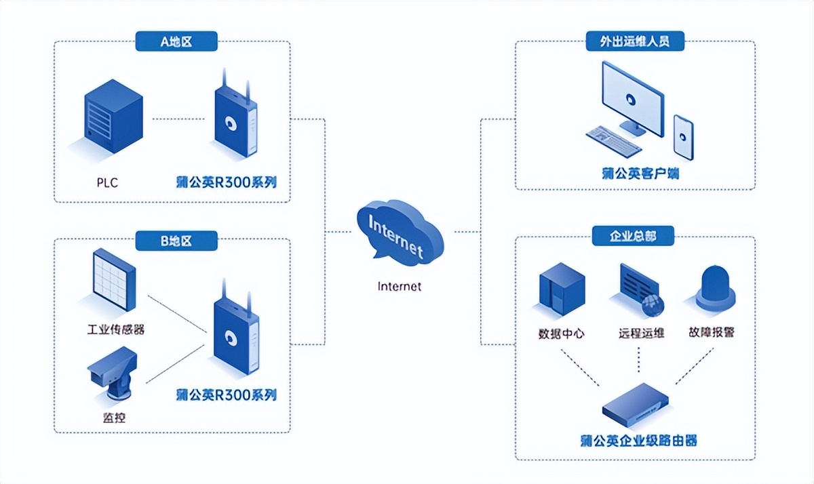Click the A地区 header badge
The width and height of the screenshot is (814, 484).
point(176,41)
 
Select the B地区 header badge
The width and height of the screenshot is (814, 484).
point(176,240)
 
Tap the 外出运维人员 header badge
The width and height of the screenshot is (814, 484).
point(635,41)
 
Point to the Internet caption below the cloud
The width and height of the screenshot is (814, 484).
point(399,286)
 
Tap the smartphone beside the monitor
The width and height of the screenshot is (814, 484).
point(683,137)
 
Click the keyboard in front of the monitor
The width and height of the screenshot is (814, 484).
point(614,140)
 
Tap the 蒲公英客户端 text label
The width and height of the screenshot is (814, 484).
point(640,173)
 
